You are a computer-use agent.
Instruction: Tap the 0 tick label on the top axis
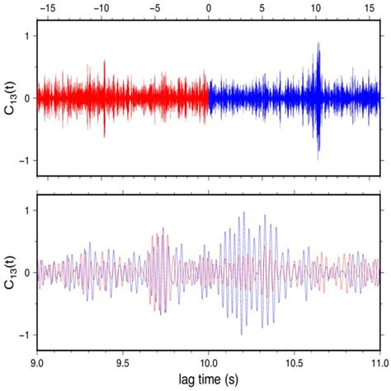(x=209, y=7)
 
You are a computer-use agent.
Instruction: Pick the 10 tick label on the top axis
(x=316, y=7)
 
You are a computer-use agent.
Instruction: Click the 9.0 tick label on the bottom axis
(x=37, y=360)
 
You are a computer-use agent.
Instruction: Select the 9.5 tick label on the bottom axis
(x=123, y=360)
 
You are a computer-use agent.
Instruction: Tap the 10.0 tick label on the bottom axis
(x=208, y=360)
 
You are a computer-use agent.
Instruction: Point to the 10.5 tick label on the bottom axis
(x=294, y=360)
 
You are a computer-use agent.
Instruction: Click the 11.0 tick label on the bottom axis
(x=379, y=360)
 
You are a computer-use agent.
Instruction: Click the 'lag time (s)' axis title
(x=208, y=379)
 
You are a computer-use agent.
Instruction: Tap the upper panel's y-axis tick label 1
(x=27, y=36)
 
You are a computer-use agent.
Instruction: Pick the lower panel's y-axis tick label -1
(x=25, y=335)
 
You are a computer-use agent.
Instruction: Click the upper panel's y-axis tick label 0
(x=27, y=98)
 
